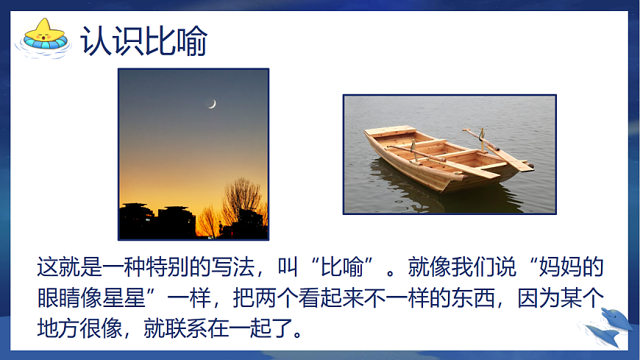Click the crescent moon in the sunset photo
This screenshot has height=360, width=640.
[213, 104]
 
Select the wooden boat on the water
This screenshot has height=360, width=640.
[446, 158]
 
